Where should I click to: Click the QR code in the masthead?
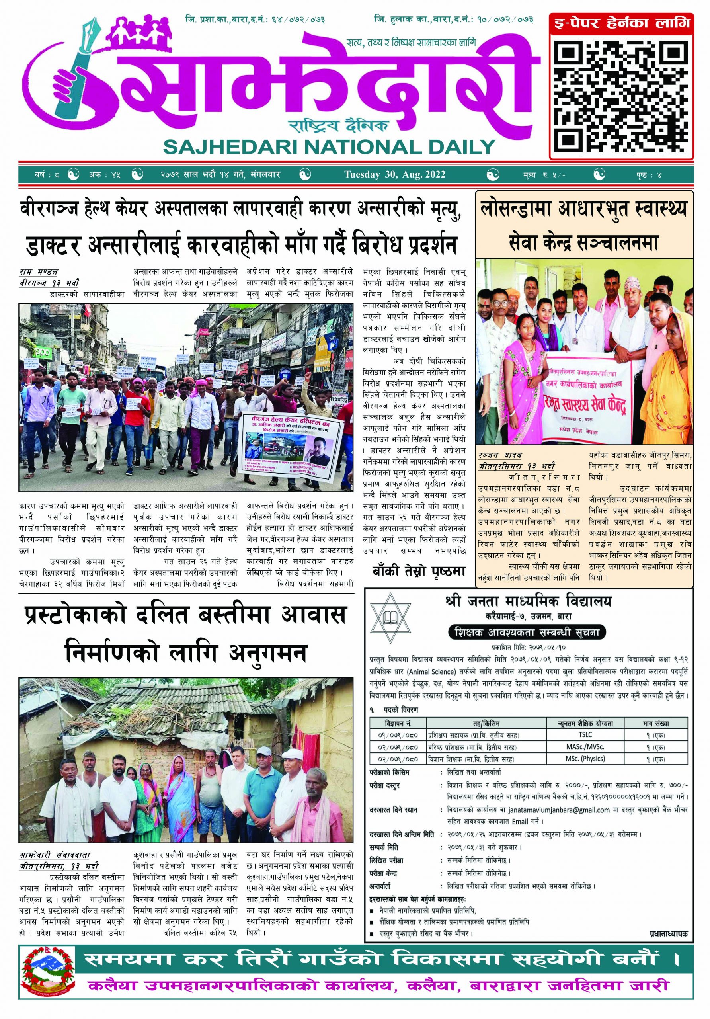[621, 95]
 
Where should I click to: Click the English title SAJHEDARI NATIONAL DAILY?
[329, 146]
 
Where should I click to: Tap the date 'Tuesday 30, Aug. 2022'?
[394, 174]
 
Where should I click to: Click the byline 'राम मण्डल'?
[39, 271]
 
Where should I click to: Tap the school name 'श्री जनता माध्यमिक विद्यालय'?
[528, 602]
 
